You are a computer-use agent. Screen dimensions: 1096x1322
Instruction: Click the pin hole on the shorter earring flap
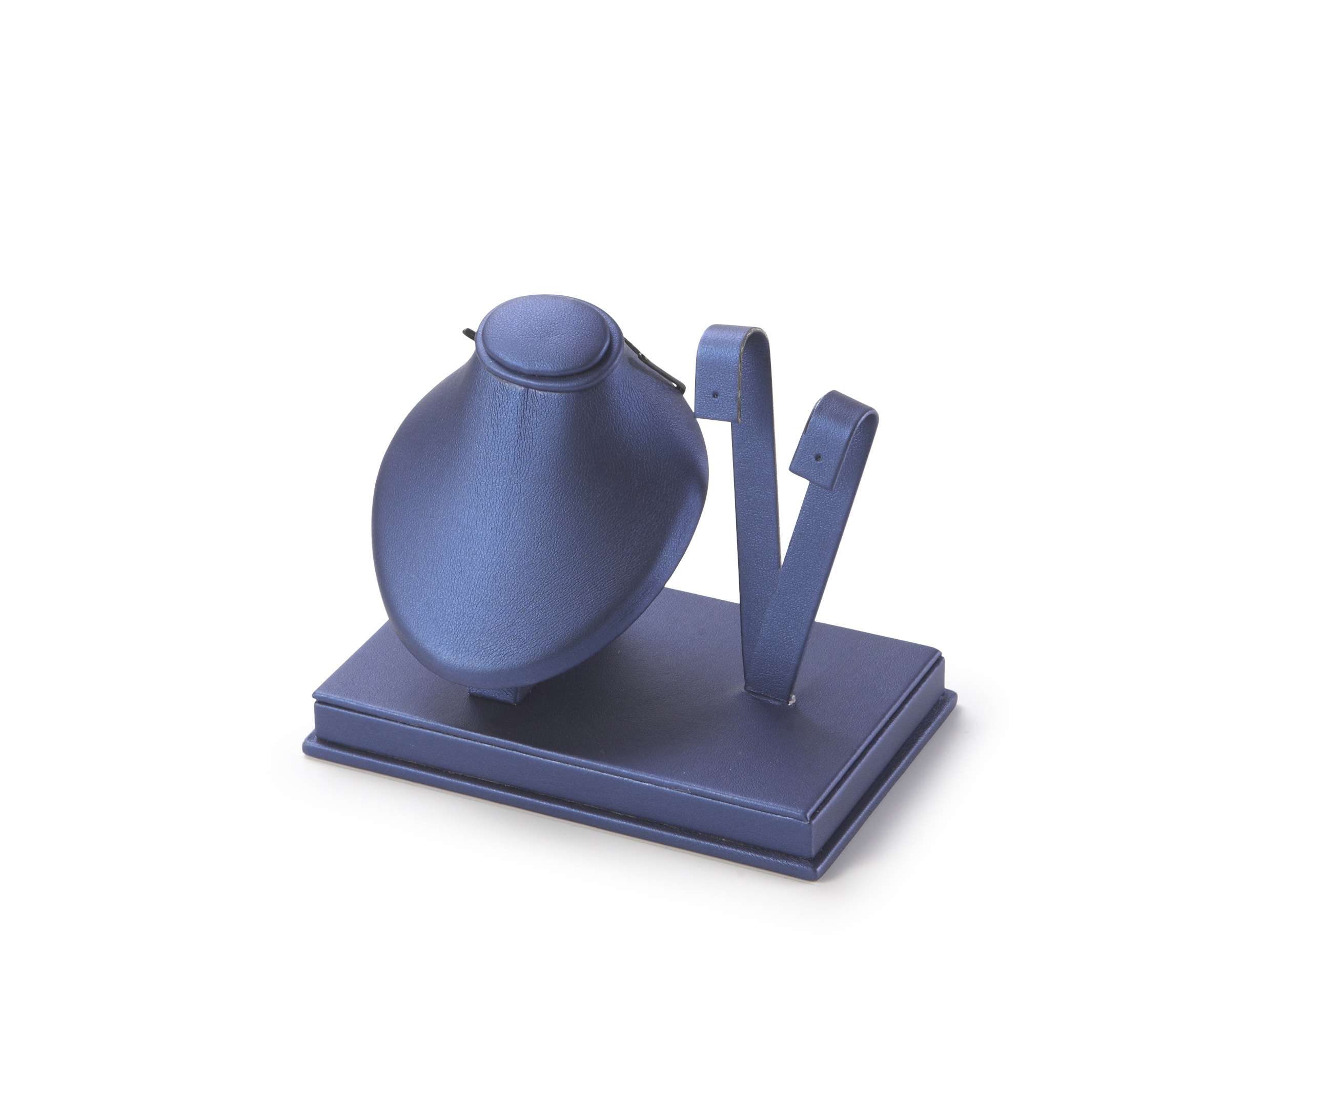pos(819,453)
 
